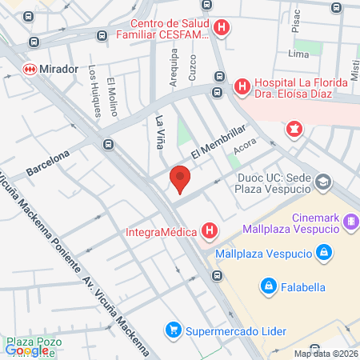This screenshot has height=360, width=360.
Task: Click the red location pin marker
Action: [181, 179]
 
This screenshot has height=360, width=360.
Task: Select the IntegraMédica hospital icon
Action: [210, 233]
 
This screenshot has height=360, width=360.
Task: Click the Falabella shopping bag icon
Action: [269, 285]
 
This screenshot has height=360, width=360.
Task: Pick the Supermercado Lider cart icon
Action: [172, 329]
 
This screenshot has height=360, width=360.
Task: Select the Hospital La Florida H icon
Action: [241, 86]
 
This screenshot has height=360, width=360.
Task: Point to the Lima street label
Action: [298, 54]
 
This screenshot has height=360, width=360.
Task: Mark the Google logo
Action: [26, 350]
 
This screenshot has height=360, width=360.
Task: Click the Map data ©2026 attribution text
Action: [326, 354]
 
